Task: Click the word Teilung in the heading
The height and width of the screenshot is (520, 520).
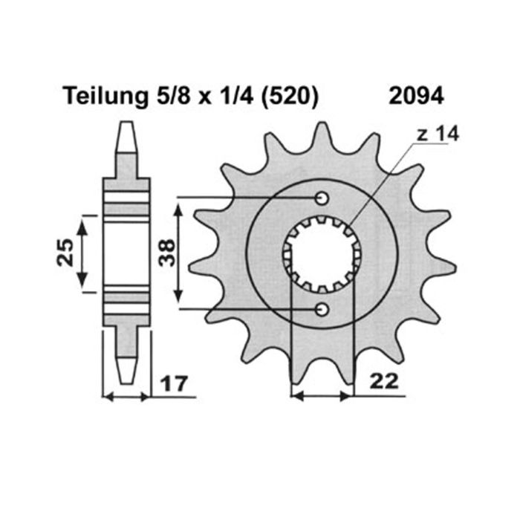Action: tap(102, 96)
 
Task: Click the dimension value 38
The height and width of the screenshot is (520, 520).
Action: tap(167, 253)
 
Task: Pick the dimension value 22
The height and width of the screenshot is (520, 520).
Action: tap(383, 382)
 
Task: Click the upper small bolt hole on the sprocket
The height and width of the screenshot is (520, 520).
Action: tap(322, 198)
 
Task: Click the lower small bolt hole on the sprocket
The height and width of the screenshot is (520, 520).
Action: tap(322, 308)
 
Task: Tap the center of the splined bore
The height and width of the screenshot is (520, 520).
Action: tap(322, 253)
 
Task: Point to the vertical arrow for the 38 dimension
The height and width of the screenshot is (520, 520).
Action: tap(178, 253)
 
